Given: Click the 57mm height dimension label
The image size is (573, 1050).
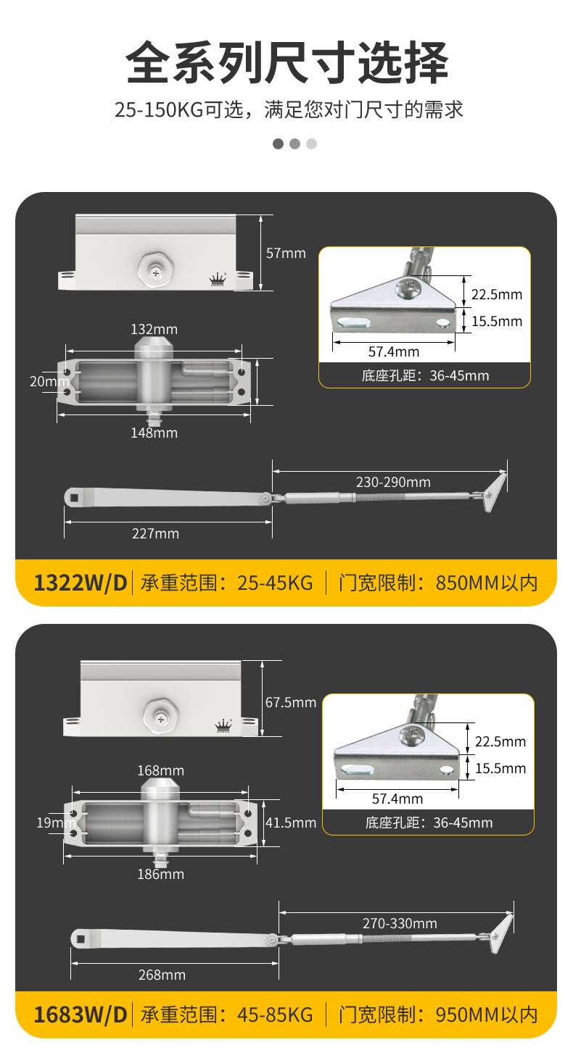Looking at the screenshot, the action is pos(286,253).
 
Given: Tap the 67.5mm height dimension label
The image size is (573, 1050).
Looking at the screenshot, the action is pos(290,702).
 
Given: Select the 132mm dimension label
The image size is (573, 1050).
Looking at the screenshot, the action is pos(154,329).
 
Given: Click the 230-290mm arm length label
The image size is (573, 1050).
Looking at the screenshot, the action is pos(393,482).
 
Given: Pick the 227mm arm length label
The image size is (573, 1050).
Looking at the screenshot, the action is pos(155,533).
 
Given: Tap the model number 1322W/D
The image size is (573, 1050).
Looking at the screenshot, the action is pos(81,583).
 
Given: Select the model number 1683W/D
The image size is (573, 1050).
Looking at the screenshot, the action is pos(81,1014).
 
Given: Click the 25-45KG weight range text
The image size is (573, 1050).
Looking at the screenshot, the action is pos(275,583).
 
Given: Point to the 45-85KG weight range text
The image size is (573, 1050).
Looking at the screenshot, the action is pos(275,1014).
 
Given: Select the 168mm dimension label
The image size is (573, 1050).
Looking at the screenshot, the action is pos(160,770).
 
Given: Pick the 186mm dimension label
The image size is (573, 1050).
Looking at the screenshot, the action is pos(160,874).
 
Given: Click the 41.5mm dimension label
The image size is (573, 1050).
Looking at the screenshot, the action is pos(291,822).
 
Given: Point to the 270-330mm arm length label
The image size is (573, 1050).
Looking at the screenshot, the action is pos(400,923).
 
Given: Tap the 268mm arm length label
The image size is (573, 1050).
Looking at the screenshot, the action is pos(162,975).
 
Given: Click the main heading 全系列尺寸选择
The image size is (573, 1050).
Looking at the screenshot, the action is pos(286,63).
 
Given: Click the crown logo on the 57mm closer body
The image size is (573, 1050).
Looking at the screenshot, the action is pos(218,280).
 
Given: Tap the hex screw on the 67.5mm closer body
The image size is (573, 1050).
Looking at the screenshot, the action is pos(161,718).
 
